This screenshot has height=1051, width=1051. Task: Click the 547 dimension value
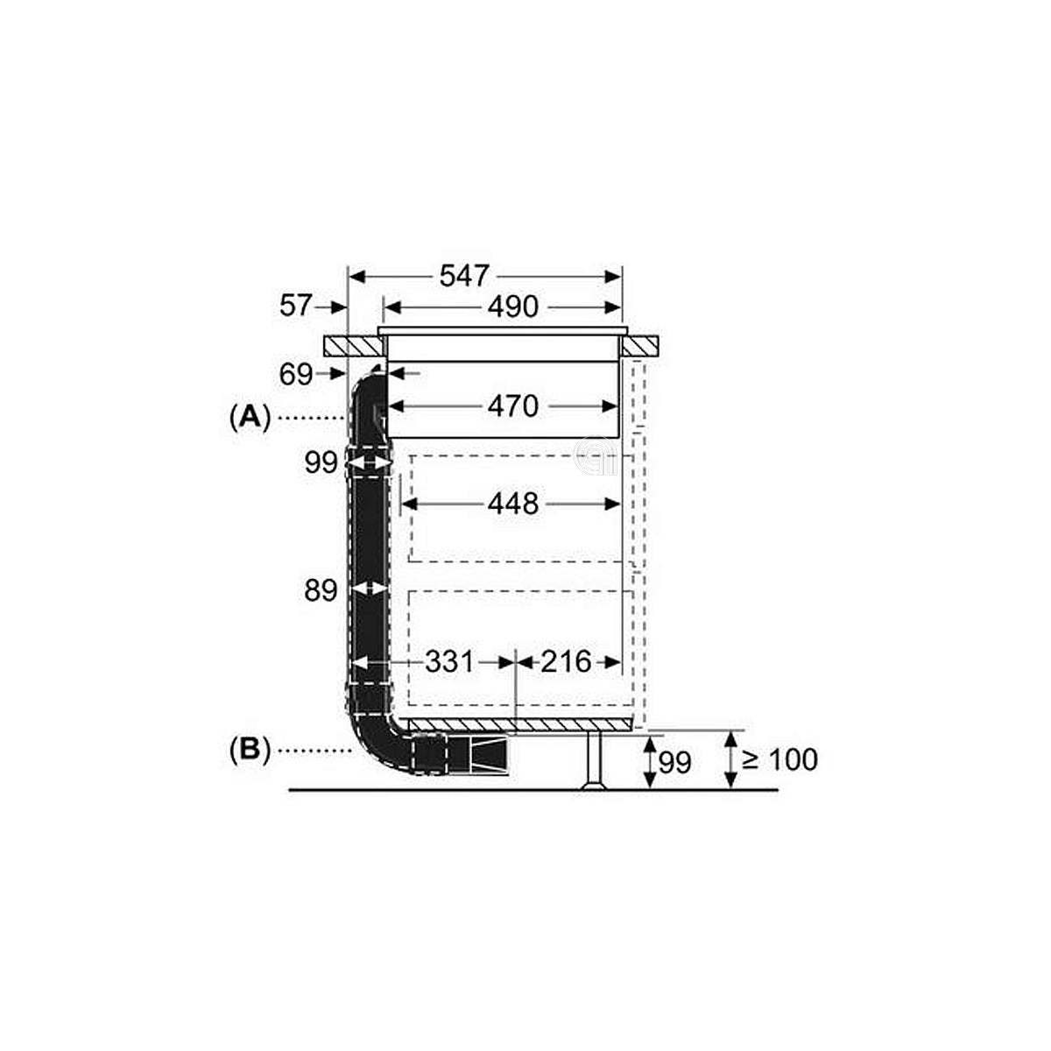pos(464,276)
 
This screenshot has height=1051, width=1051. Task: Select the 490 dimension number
pos(512,307)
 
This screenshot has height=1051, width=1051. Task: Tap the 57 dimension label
pos(296,305)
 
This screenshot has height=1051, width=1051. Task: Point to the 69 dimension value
pos(296,375)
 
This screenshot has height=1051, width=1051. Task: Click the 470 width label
pos(512,406)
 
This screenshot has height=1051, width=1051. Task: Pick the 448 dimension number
pos(512,504)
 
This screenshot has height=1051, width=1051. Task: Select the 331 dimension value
pos(449,662)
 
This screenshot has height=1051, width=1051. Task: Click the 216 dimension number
pos(566,662)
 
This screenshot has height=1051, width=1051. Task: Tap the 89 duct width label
pos(321,590)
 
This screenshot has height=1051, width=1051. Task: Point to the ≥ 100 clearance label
pos(779,759)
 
